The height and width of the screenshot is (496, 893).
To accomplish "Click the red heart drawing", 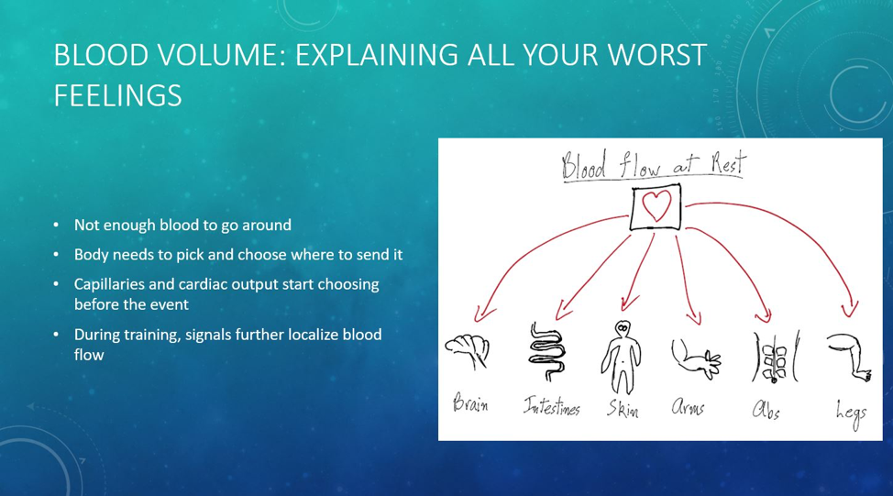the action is coord(656,205).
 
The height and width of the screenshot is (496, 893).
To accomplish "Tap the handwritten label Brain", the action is coord(470,403).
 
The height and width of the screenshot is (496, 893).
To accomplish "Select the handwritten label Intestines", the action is coord(551,405).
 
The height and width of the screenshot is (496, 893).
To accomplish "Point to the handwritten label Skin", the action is coord(623,409).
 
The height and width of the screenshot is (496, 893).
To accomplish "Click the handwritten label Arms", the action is coord(688,406).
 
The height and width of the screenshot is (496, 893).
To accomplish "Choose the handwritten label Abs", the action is coord(766,410).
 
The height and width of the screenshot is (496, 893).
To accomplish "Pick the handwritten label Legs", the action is coord(851,414).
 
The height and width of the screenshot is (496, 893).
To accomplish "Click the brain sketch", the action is coord(467,350).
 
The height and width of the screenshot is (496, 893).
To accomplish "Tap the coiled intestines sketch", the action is coord(546,352).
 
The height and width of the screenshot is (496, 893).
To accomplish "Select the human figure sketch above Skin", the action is coord(622,357).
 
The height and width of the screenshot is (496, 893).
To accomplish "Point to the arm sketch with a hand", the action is coord(696,358).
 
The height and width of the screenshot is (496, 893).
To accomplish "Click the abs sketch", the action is coord(775,358).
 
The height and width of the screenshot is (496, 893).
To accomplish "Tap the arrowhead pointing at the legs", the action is coord(850,310).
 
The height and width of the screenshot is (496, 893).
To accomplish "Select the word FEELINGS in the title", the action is coord(118,95).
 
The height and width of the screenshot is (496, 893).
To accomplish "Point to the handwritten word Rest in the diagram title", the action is coord(727,163).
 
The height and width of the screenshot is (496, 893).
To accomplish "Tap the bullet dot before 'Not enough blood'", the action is coord(56,225).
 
